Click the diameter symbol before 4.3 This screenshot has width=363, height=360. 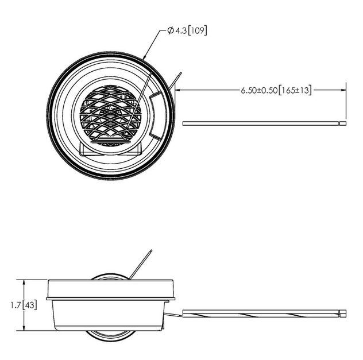tap(171, 30)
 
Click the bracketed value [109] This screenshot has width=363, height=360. tap(197, 30)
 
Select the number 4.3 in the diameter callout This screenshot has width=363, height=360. tap(181, 31)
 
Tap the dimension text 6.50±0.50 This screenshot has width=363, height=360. tap(259, 90)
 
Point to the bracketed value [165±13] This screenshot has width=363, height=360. tap(295, 90)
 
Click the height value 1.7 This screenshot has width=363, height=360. tap(16, 305)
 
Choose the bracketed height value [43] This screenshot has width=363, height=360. tap(29, 305)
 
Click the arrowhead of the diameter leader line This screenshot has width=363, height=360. tap(144, 57)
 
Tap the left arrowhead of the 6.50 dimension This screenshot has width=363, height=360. tap(179, 90)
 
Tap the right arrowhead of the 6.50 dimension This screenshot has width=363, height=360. tap(343, 90)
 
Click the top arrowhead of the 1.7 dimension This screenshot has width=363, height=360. tap(24, 283)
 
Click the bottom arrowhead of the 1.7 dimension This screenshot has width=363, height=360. tap(24, 327)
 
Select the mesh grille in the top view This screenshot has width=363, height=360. tap(111, 113)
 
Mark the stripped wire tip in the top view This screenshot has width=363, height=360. tap(343, 123)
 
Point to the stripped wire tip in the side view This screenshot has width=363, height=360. tap(343, 313)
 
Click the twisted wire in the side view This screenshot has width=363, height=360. tap(261, 313)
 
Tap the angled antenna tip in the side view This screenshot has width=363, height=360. tap(151, 250)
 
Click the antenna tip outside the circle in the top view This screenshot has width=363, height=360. tap(180, 73)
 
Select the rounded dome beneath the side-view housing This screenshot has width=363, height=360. tap(111, 336)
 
